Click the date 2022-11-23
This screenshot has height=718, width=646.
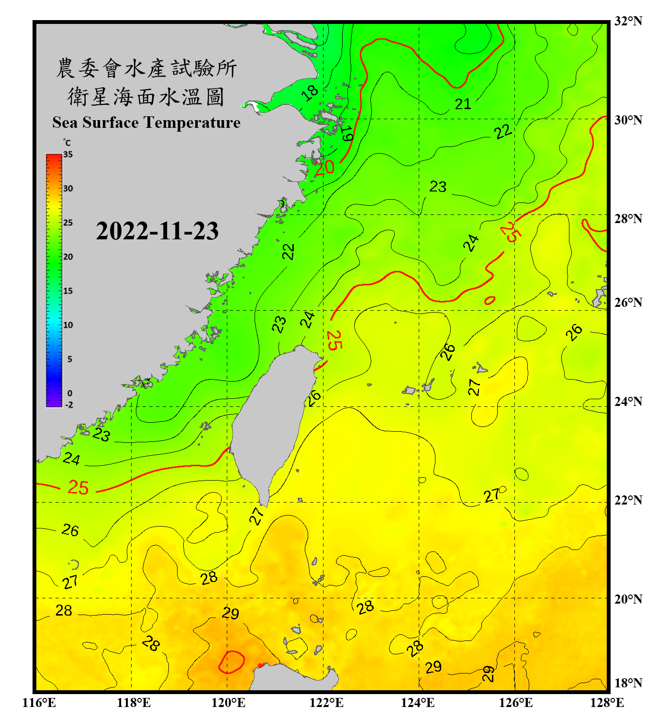point(157,231)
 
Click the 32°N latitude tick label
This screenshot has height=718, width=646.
point(628,21)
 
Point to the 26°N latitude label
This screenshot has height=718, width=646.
point(628,303)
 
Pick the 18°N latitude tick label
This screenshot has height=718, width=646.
point(628,683)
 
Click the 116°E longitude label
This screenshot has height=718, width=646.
point(39,703)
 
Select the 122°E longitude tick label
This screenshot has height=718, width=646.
point(326,703)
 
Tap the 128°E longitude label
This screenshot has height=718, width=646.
point(607,703)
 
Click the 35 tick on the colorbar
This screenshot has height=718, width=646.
point(68,154)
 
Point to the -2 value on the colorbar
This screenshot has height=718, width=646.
point(69,404)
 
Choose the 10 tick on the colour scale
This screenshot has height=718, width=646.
point(68,325)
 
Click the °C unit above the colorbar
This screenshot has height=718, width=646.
point(67,143)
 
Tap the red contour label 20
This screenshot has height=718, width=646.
point(324,167)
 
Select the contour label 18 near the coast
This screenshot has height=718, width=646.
point(310,92)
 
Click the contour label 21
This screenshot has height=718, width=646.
point(463,104)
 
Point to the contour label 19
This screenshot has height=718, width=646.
point(347,134)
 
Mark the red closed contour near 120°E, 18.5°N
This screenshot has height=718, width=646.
point(232,662)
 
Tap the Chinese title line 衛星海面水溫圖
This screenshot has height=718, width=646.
point(146,97)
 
